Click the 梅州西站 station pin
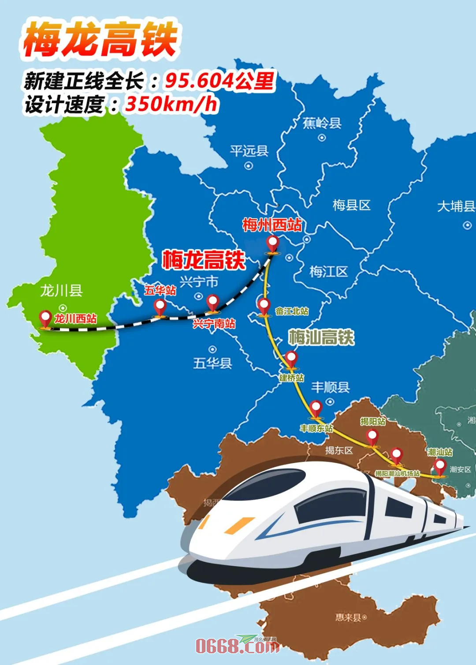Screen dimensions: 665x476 tap(273, 243)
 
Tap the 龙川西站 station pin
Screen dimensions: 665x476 tap(45, 318)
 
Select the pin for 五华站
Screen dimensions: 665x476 tap(160, 306)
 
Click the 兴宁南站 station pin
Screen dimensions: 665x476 tap(213, 303)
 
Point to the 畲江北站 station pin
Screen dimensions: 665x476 tap(264, 306)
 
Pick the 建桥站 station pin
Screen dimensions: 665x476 tap(291, 359)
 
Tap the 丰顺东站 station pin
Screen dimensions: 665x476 tap(316, 408)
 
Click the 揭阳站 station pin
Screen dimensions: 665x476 tap(372, 437)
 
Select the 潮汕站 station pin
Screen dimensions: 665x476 tap(439, 467)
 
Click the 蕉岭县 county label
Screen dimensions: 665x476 tap(322, 123)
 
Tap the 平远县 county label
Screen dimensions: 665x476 tap(249, 151)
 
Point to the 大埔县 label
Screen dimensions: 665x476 tap(456, 206)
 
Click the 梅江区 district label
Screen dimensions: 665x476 tap(328, 272)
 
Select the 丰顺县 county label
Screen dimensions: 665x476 tap(330, 388)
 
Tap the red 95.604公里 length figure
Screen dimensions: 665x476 tap(219, 81)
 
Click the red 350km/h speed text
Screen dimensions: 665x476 tap(171, 105)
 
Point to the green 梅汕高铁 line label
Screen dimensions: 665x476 tap(321, 337)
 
